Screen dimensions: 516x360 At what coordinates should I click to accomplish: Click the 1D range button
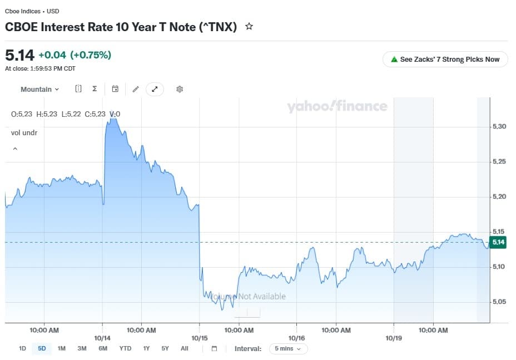point(22,348)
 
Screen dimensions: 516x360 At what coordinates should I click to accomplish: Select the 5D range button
point(42,348)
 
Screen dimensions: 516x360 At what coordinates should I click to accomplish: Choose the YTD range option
point(125,348)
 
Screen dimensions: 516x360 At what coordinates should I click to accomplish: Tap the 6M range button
point(103,348)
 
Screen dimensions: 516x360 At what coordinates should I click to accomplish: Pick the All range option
point(185,348)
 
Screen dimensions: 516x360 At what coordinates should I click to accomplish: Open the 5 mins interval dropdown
point(288,348)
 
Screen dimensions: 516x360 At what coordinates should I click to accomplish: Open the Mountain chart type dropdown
point(40,89)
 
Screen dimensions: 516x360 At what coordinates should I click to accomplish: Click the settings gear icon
point(180,89)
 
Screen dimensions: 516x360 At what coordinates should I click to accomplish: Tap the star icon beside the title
point(249,26)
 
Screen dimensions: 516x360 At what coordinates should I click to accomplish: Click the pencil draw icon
point(136,89)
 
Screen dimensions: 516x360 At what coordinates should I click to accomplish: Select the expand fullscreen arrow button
point(155,89)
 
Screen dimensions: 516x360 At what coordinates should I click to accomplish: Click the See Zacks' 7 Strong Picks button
point(445,60)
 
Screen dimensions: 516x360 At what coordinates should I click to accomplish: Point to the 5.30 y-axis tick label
point(499,126)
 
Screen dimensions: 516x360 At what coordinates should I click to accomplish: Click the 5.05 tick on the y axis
point(499,302)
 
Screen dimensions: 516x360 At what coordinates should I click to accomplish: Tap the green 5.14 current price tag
point(498,243)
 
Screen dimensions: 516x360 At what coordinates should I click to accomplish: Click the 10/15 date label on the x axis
point(200,338)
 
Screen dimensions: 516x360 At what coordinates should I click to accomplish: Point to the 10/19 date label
point(394,338)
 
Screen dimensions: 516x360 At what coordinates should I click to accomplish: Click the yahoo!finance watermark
point(337,106)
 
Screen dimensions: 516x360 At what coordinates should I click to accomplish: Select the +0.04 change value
point(52,55)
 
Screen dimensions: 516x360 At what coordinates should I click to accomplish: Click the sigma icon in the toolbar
point(95,88)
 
